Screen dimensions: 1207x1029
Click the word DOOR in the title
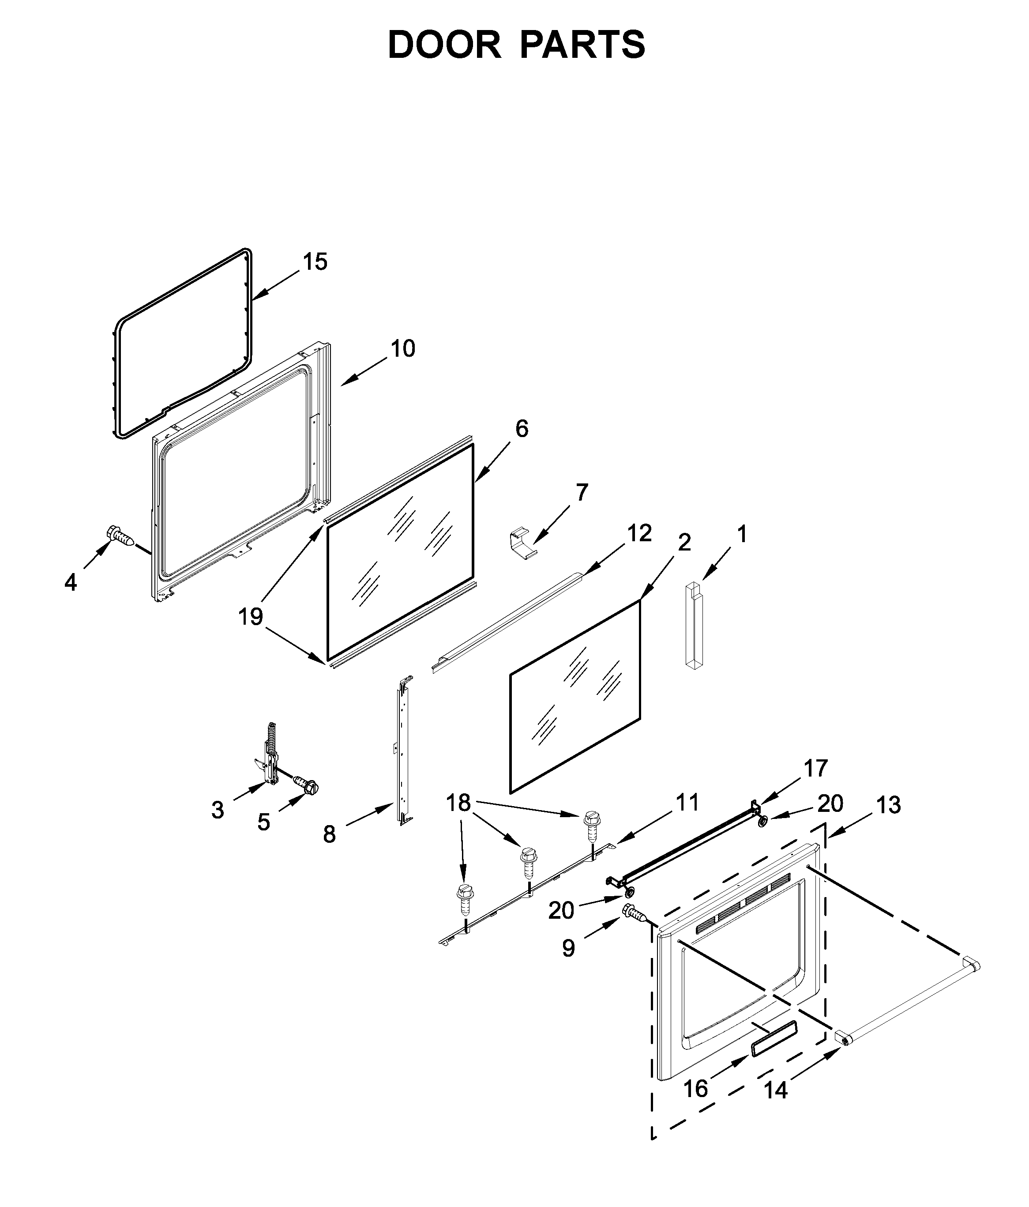pos(444,45)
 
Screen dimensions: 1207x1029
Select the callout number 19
pos(250,616)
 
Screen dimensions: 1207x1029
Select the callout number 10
pos(402,348)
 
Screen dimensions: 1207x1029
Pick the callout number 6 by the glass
pos(521,429)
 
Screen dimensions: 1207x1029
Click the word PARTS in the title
pos(582,45)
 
